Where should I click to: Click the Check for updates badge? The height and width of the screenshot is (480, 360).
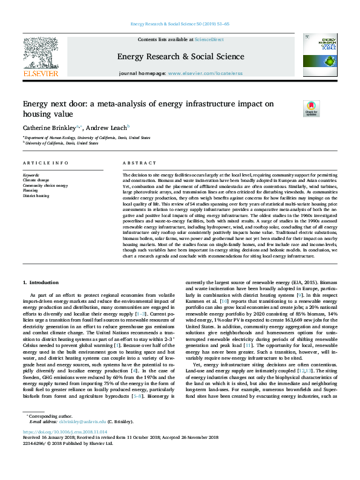pos(310,108)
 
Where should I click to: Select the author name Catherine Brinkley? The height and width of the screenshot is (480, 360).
pos(51,128)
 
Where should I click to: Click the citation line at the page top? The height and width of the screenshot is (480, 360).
pos(180,24)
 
